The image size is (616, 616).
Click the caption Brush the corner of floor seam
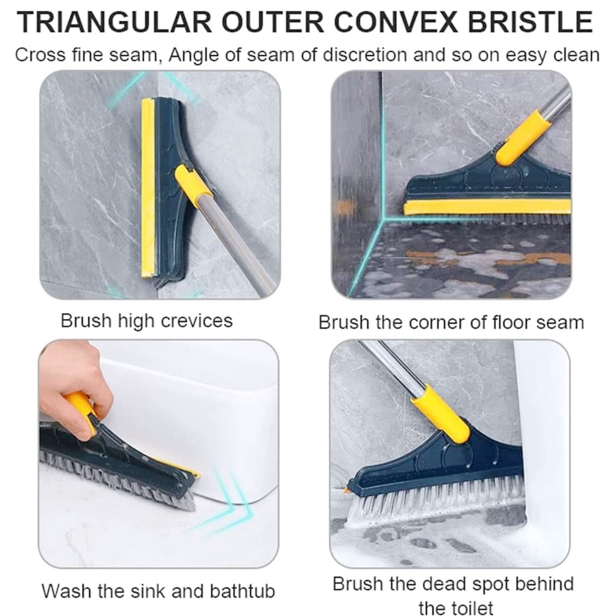pos(451,322)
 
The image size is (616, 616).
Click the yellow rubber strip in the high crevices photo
pos(146,188)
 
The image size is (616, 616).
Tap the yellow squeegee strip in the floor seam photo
pos(486,209)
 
